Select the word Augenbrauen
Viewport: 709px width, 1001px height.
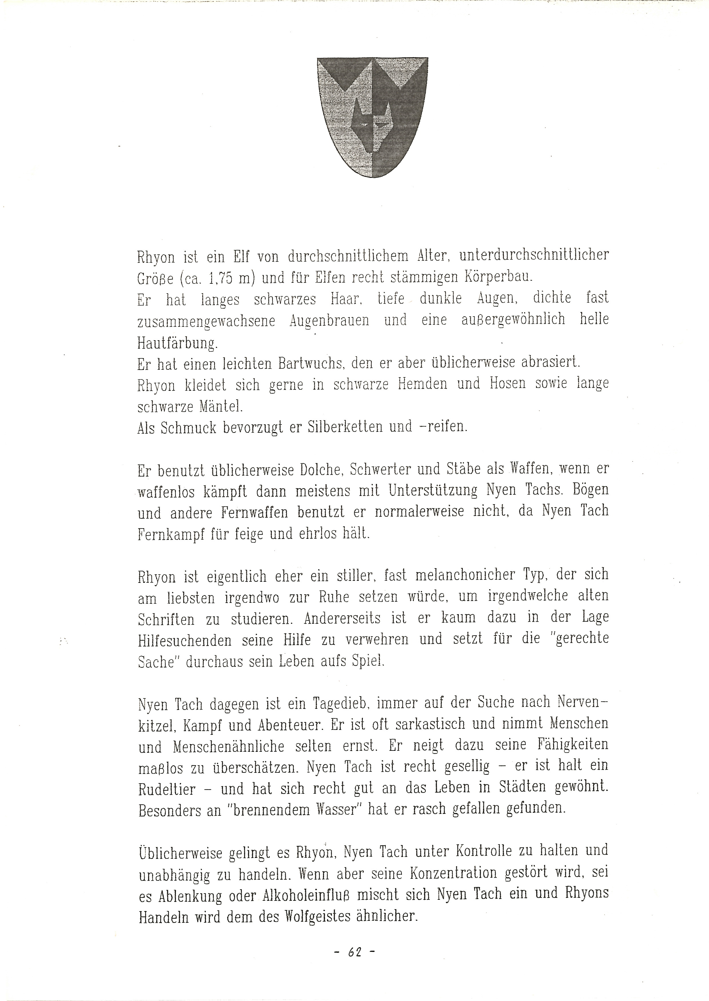coord(329,321)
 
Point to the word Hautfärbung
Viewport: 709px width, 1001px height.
coord(177,344)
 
